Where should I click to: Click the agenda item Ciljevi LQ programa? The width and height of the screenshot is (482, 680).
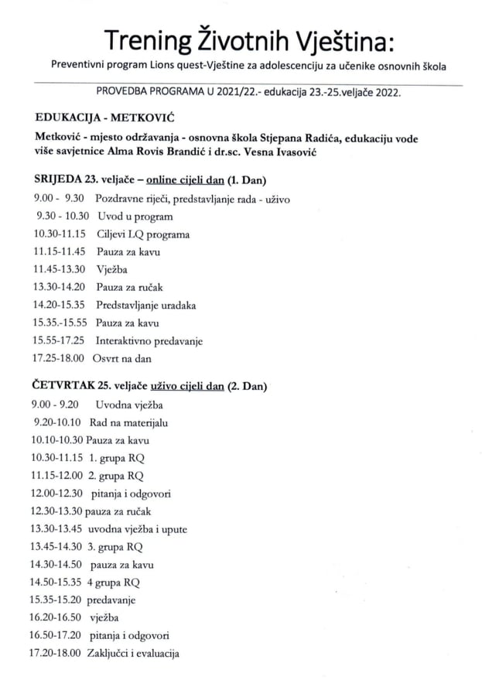pos(143,234)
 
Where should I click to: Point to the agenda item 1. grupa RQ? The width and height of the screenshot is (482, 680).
pos(116,458)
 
